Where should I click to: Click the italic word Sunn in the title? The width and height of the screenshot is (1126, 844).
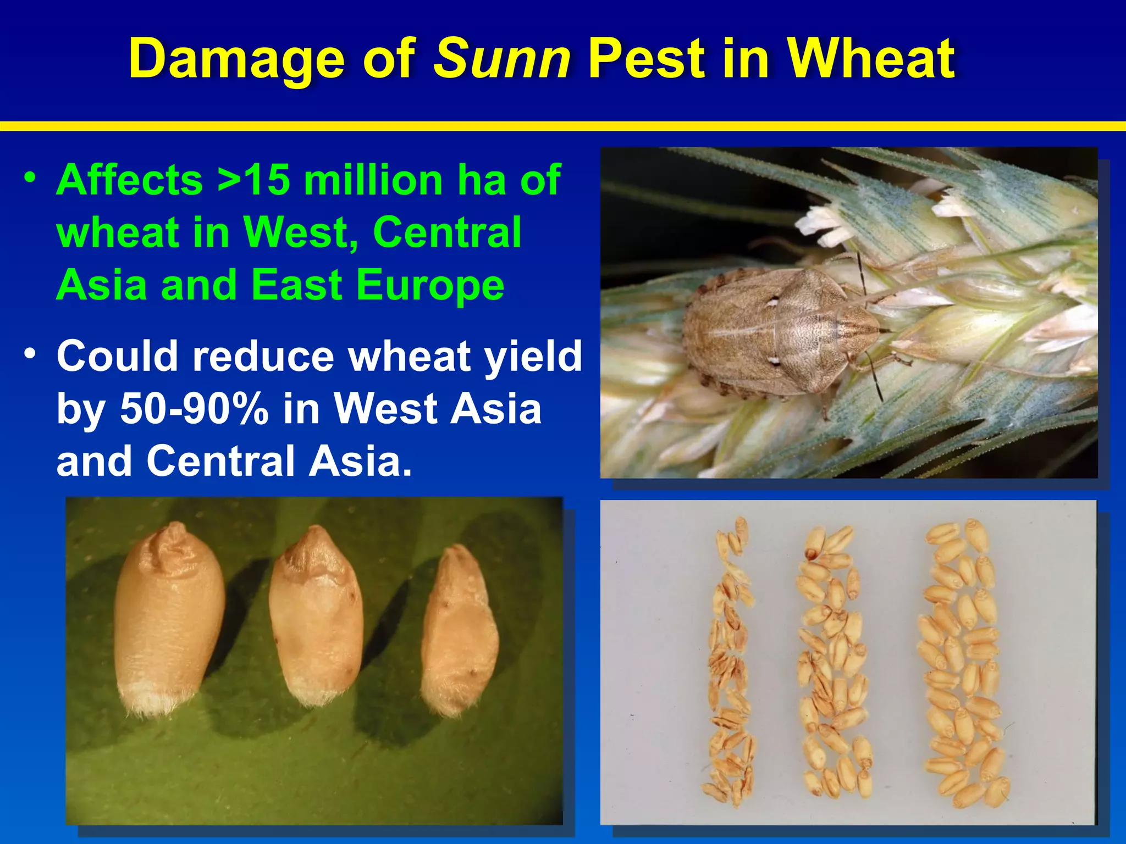502,59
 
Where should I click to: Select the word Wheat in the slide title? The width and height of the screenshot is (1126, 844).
871,59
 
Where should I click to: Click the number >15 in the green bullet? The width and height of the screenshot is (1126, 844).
253,180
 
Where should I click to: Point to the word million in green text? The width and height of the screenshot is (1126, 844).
373,180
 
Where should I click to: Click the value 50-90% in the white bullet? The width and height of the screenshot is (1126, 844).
194,408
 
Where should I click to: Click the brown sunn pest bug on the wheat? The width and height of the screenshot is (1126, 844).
781,332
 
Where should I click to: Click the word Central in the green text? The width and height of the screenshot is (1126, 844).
446,232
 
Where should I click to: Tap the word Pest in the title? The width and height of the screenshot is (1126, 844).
647,59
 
